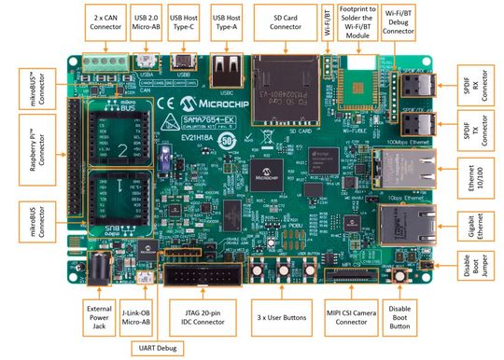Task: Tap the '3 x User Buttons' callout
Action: pyautogui.click(x=281, y=318)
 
